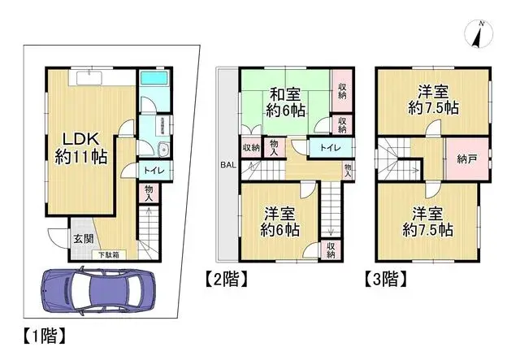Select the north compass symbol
pos(478,34)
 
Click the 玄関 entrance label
pos(83,238)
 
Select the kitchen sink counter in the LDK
pos(89,78)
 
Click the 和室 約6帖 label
pos(287,102)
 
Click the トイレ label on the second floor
pos(329,148)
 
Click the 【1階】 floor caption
pos(40,333)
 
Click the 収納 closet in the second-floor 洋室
pos(331,250)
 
